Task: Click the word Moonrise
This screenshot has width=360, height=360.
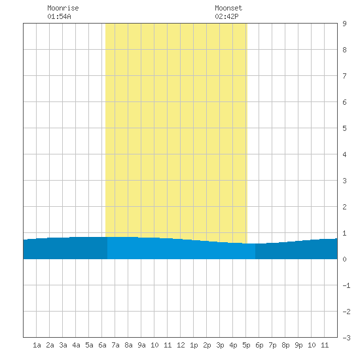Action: tap(63, 8)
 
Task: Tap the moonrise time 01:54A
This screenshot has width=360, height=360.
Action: tap(59, 16)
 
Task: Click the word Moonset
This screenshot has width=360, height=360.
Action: tap(228, 8)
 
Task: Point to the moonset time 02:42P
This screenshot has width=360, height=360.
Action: tap(226, 16)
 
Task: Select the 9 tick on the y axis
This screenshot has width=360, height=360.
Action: tap(344, 24)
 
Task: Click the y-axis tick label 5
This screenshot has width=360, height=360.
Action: tap(344, 128)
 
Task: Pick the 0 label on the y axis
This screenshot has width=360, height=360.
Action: tap(344, 259)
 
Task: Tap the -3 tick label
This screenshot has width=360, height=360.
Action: tap(346, 338)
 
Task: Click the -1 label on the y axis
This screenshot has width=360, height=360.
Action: tap(346, 285)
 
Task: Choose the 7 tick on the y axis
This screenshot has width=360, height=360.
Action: tap(344, 76)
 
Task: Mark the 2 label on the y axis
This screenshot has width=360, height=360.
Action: tap(344, 207)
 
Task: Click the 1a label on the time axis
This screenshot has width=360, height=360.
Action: tap(37, 345)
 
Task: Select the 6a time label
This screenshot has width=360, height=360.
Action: tap(102, 345)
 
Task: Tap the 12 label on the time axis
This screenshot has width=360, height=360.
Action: tap(181, 345)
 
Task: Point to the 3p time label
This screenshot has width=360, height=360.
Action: tap(220, 345)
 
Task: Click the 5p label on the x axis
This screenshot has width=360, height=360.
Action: tap(246, 345)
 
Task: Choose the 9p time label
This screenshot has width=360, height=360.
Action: tap(298, 345)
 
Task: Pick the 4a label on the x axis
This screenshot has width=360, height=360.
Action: tap(76, 345)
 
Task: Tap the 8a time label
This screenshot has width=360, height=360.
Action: tap(128, 345)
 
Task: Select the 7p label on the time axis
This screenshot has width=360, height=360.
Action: tap(272, 345)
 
